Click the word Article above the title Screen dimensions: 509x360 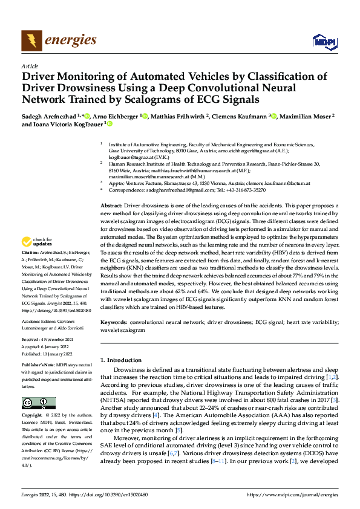pos(30,66)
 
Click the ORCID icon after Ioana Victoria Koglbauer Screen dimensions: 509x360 pos(110,124)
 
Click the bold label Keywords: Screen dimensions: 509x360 pos(114,323)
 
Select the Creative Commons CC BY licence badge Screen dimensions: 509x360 pos(38,403)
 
